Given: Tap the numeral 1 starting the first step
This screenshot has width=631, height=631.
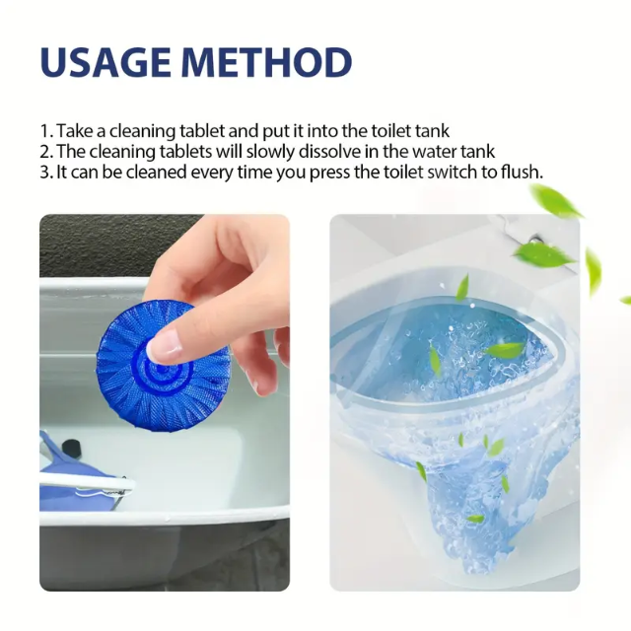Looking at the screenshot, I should [44, 131].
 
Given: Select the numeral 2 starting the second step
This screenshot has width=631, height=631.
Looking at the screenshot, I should [44, 151].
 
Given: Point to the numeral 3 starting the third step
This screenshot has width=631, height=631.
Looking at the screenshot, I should [44, 172].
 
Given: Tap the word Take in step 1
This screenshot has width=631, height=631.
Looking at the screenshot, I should [74, 131].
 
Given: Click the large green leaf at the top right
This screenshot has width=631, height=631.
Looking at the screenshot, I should [556, 201].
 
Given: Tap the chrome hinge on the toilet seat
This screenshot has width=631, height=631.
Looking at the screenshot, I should [535, 240].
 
